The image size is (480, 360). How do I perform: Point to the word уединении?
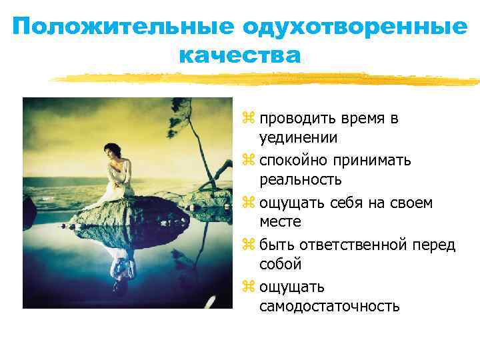pos(299,138)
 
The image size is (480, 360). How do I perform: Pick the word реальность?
pos(301,180)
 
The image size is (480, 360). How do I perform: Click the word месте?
pos(281,222)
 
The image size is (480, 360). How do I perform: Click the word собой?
pos(281,264)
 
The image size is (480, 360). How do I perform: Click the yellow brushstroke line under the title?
pos(267,79)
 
